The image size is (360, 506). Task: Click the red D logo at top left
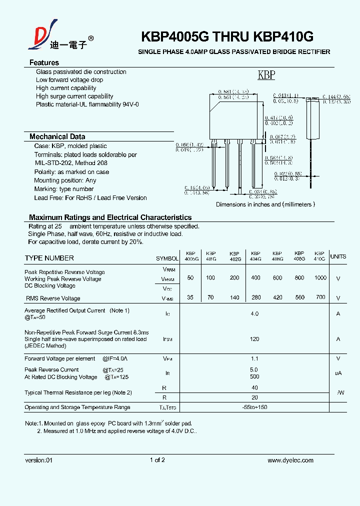[40, 34]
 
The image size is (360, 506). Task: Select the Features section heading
[44, 62]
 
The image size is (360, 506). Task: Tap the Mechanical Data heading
[57, 136]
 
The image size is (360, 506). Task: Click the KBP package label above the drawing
[266, 75]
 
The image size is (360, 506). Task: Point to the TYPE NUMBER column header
[49, 258]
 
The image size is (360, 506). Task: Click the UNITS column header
[338, 256]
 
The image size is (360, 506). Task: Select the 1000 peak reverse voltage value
[320, 278]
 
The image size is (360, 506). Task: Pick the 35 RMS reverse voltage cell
[190, 297]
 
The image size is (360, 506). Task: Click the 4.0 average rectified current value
[254, 314]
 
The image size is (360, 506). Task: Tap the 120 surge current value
[254, 339]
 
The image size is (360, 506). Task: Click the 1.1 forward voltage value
[254, 358]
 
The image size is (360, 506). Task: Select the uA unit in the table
[338, 373]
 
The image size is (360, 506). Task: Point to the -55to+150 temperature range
[254, 407]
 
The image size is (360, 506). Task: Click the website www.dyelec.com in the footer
[290, 460]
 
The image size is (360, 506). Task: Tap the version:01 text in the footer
[38, 460]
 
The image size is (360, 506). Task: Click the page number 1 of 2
[157, 460]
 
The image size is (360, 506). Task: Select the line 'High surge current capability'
[74, 96]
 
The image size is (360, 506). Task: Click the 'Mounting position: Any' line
[65, 180]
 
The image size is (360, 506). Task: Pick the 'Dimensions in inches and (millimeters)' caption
[265, 204]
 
